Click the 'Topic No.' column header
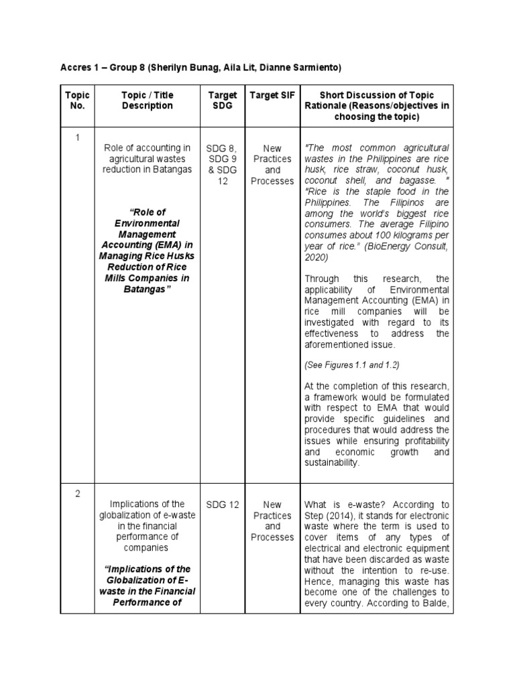(77, 100)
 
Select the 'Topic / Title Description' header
(147, 100)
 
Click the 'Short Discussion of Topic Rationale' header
(377, 106)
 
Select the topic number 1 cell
(77, 137)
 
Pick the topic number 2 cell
(77, 494)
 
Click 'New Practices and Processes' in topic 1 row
(272, 165)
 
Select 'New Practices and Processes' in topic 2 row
(272, 521)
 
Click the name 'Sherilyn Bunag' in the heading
(186, 68)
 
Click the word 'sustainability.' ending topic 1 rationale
(332, 463)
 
